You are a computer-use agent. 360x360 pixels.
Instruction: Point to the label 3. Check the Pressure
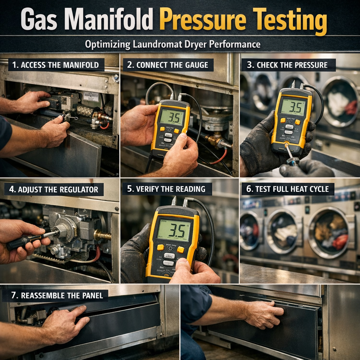click(x=287, y=65)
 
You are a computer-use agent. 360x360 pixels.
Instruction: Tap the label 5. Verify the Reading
click(x=166, y=189)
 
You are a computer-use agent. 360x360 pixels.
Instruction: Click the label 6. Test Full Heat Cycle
click(x=287, y=189)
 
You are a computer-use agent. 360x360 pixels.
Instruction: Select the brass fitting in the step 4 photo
click(x=102, y=235)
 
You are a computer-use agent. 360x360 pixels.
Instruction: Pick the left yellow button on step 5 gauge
click(x=160, y=247)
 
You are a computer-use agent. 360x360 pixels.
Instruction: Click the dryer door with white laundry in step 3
click(x=338, y=100)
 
